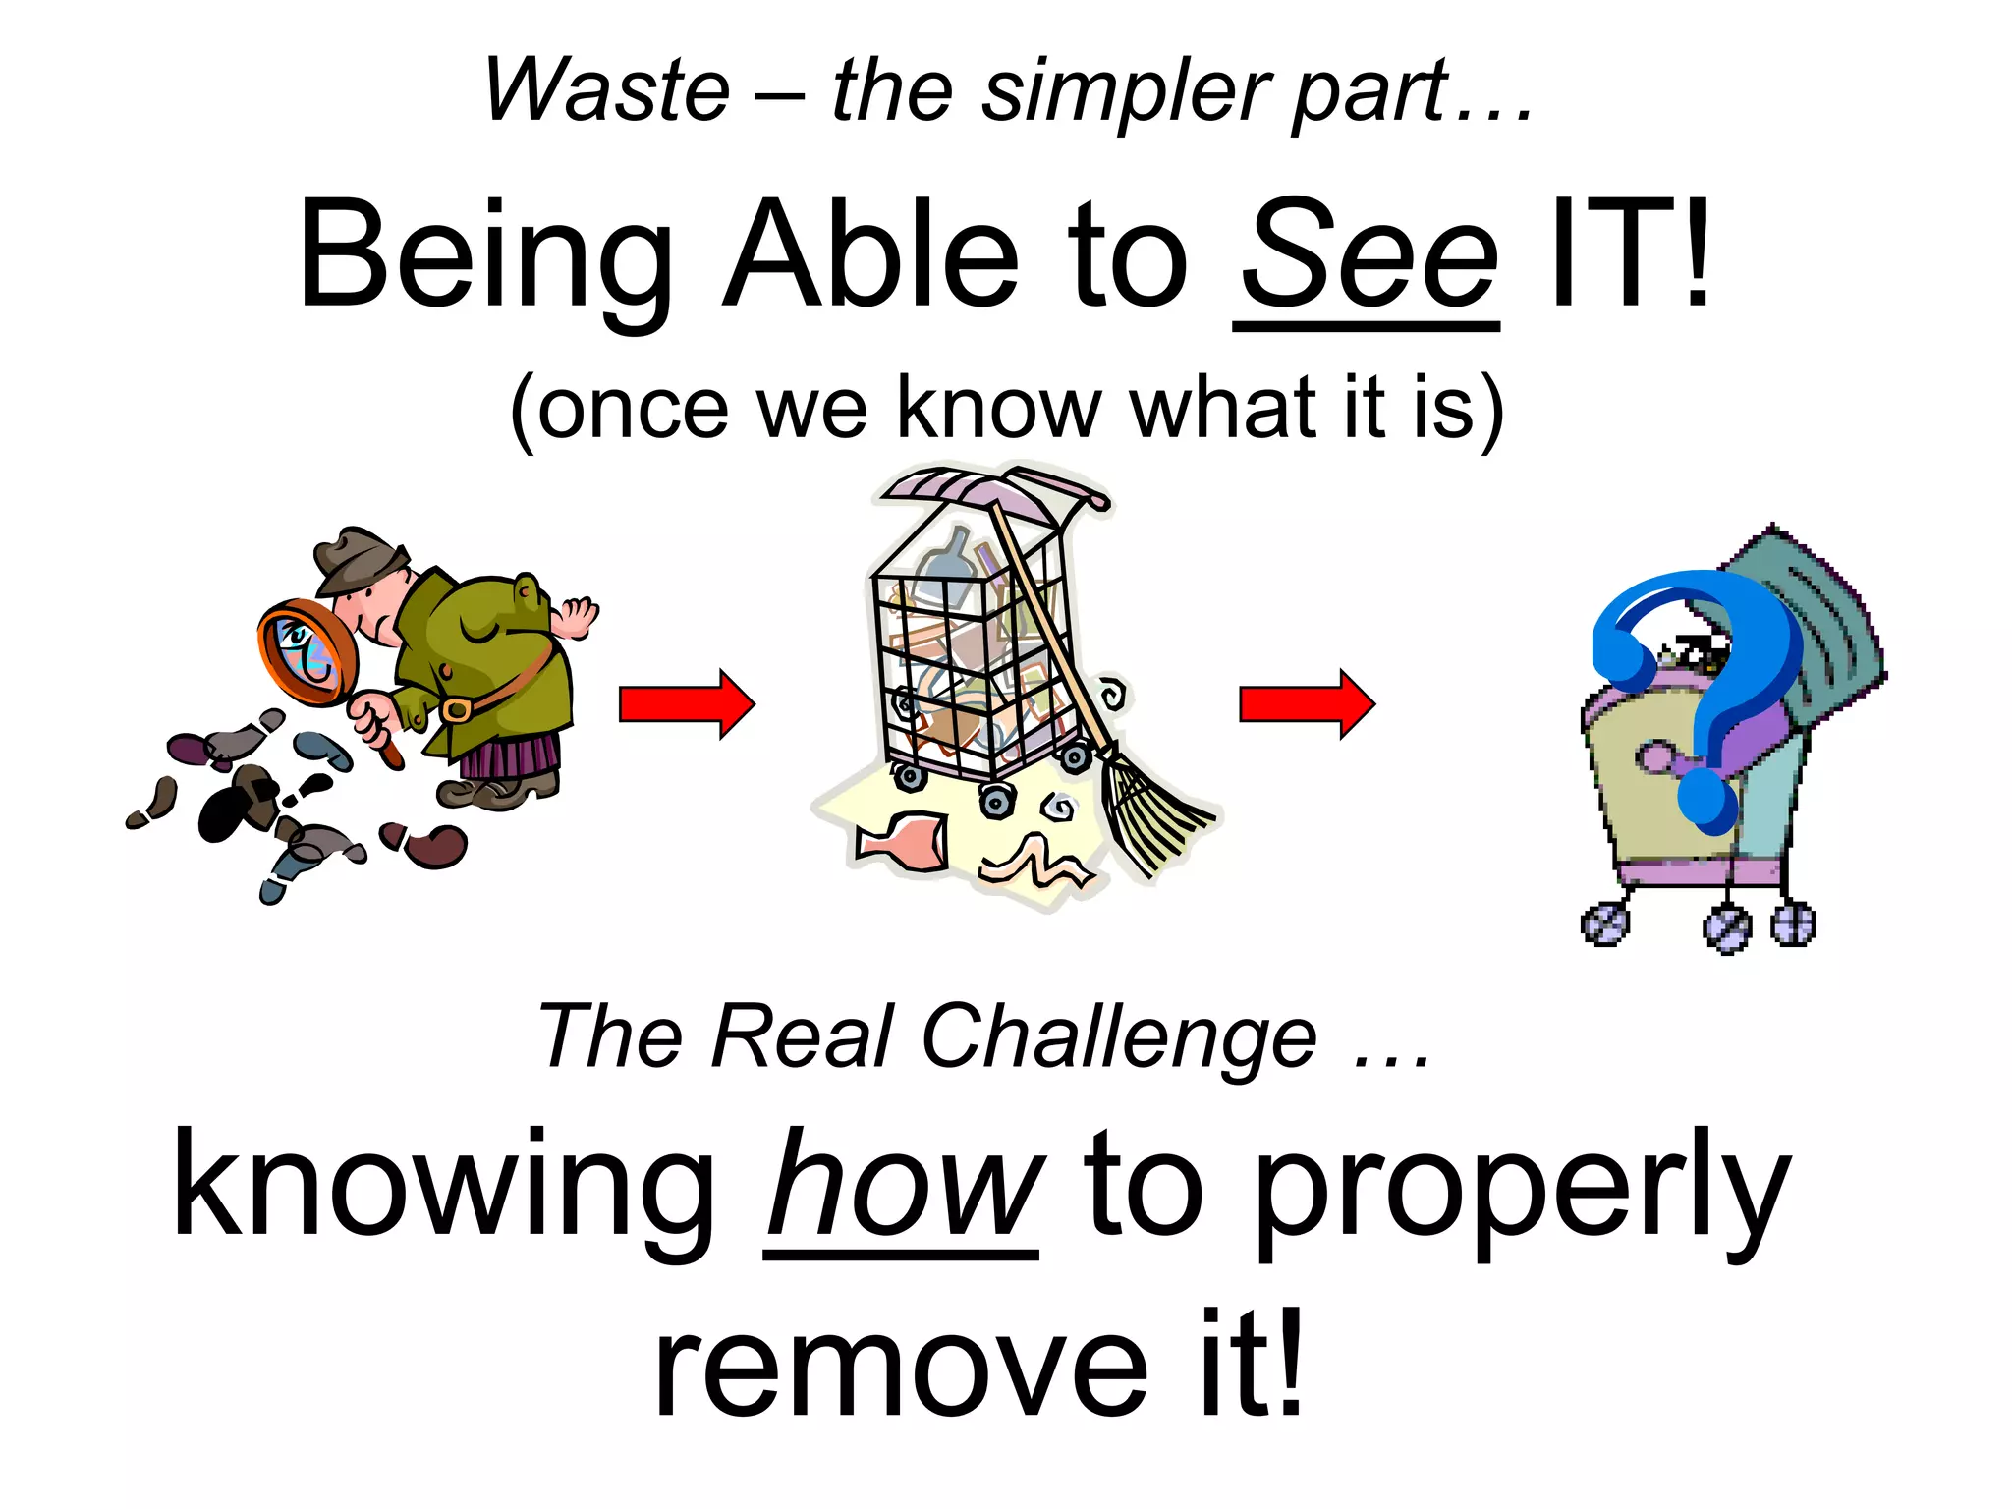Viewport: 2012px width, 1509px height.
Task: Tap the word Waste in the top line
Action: click(x=607, y=90)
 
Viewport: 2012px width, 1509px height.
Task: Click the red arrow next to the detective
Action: click(x=686, y=703)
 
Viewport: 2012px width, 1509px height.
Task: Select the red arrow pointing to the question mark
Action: click(x=1307, y=703)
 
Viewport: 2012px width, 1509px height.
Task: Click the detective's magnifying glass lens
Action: click(x=306, y=652)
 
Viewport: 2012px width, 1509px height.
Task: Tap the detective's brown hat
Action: click(x=361, y=562)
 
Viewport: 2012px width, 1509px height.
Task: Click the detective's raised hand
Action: click(x=577, y=617)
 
